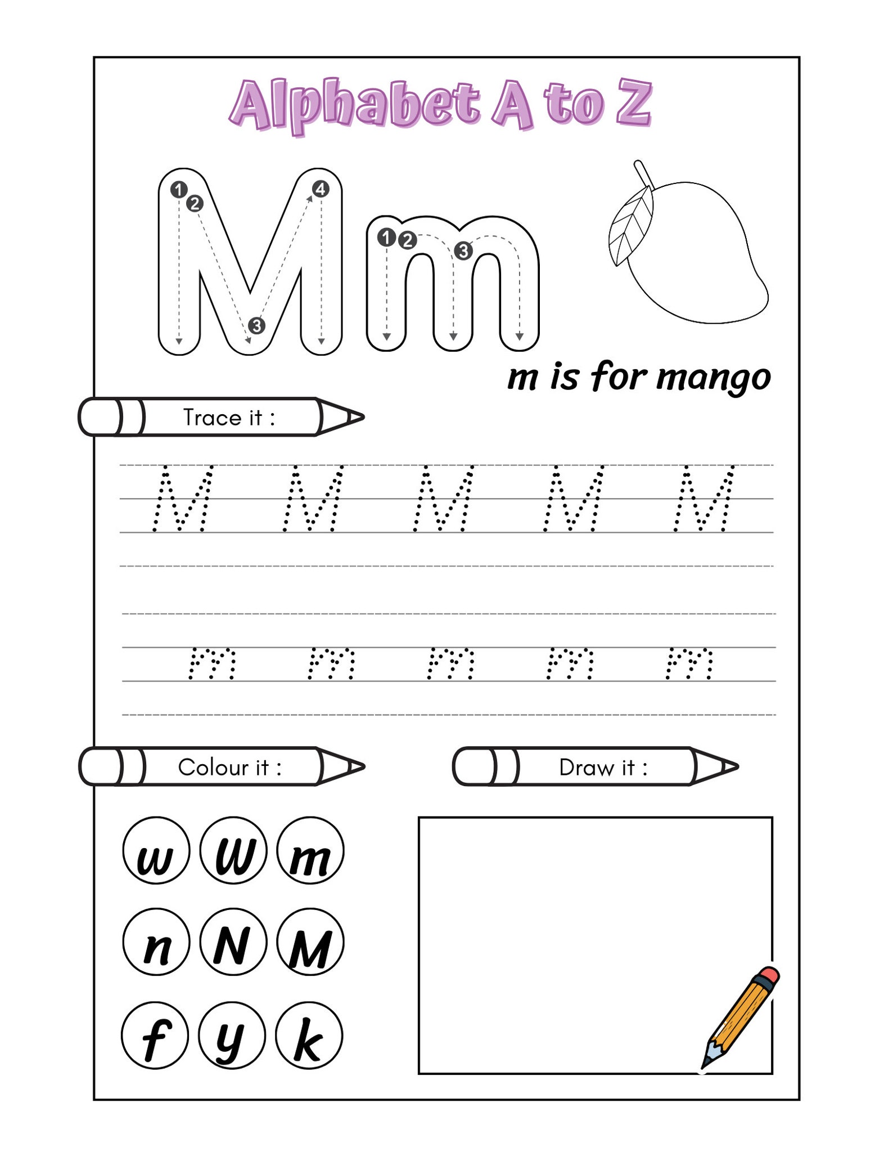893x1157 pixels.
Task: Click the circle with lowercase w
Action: click(156, 850)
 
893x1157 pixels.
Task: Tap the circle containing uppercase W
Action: click(233, 850)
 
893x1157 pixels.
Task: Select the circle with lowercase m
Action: click(310, 850)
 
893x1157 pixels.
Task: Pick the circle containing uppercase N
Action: click(233, 943)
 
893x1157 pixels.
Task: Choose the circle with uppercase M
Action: click(310, 943)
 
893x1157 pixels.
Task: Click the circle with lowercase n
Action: click(156, 943)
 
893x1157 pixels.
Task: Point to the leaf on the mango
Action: click(632, 225)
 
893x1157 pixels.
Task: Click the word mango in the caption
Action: click(713, 379)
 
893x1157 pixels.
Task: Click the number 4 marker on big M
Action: click(321, 189)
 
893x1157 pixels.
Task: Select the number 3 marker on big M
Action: click(256, 325)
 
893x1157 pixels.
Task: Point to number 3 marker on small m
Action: click(463, 250)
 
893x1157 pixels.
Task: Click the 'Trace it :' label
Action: click(229, 418)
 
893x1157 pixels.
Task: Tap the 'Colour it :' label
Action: click(229, 767)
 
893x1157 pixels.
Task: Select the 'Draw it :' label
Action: click(603, 767)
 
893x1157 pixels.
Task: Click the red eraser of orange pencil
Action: click(769, 975)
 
